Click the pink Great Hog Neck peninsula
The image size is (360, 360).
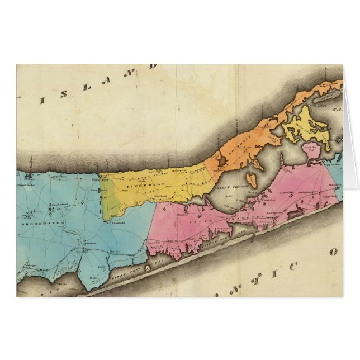[x=309, y=151]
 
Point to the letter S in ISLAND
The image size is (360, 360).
[x=63, y=93]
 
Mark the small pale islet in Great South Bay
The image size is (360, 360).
[x=148, y=269]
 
